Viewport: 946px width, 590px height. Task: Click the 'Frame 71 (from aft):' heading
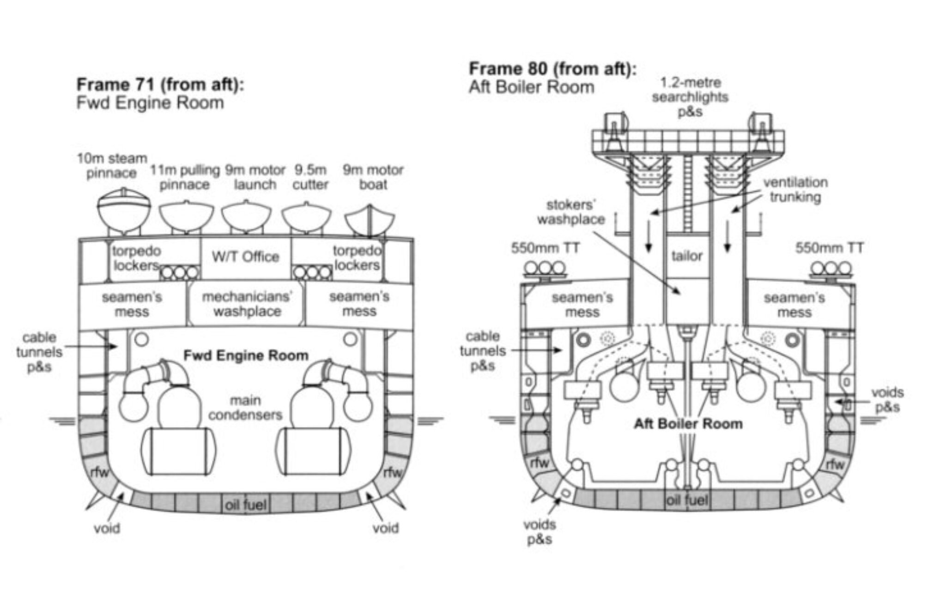coord(160,85)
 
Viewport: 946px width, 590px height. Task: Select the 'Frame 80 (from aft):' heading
coord(552,69)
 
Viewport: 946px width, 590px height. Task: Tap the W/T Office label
coord(246,257)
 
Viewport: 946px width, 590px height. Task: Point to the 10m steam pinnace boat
coord(124,212)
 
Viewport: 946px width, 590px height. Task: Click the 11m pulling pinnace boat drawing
coord(187,217)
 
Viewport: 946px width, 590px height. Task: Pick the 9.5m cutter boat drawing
coord(306,218)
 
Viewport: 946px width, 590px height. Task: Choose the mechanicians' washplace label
coord(247,304)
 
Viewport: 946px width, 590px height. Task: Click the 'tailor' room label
coord(687,255)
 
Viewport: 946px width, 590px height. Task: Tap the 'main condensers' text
coord(245,408)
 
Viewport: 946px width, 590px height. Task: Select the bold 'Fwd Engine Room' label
coord(246,355)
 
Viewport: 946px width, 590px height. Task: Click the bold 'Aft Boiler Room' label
coord(688,424)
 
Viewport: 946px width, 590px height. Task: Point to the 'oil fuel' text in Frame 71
coord(246,505)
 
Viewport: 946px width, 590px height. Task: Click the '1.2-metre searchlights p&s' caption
coord(691,97)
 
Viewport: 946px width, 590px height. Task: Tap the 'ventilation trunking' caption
coord(795,190)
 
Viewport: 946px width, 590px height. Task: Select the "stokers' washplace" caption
coord(571,212)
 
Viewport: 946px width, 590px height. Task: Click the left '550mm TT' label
coord(545,248)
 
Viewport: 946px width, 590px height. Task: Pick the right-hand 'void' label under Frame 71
coord(386,528)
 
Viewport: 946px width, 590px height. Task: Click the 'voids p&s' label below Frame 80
coord(540,532)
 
